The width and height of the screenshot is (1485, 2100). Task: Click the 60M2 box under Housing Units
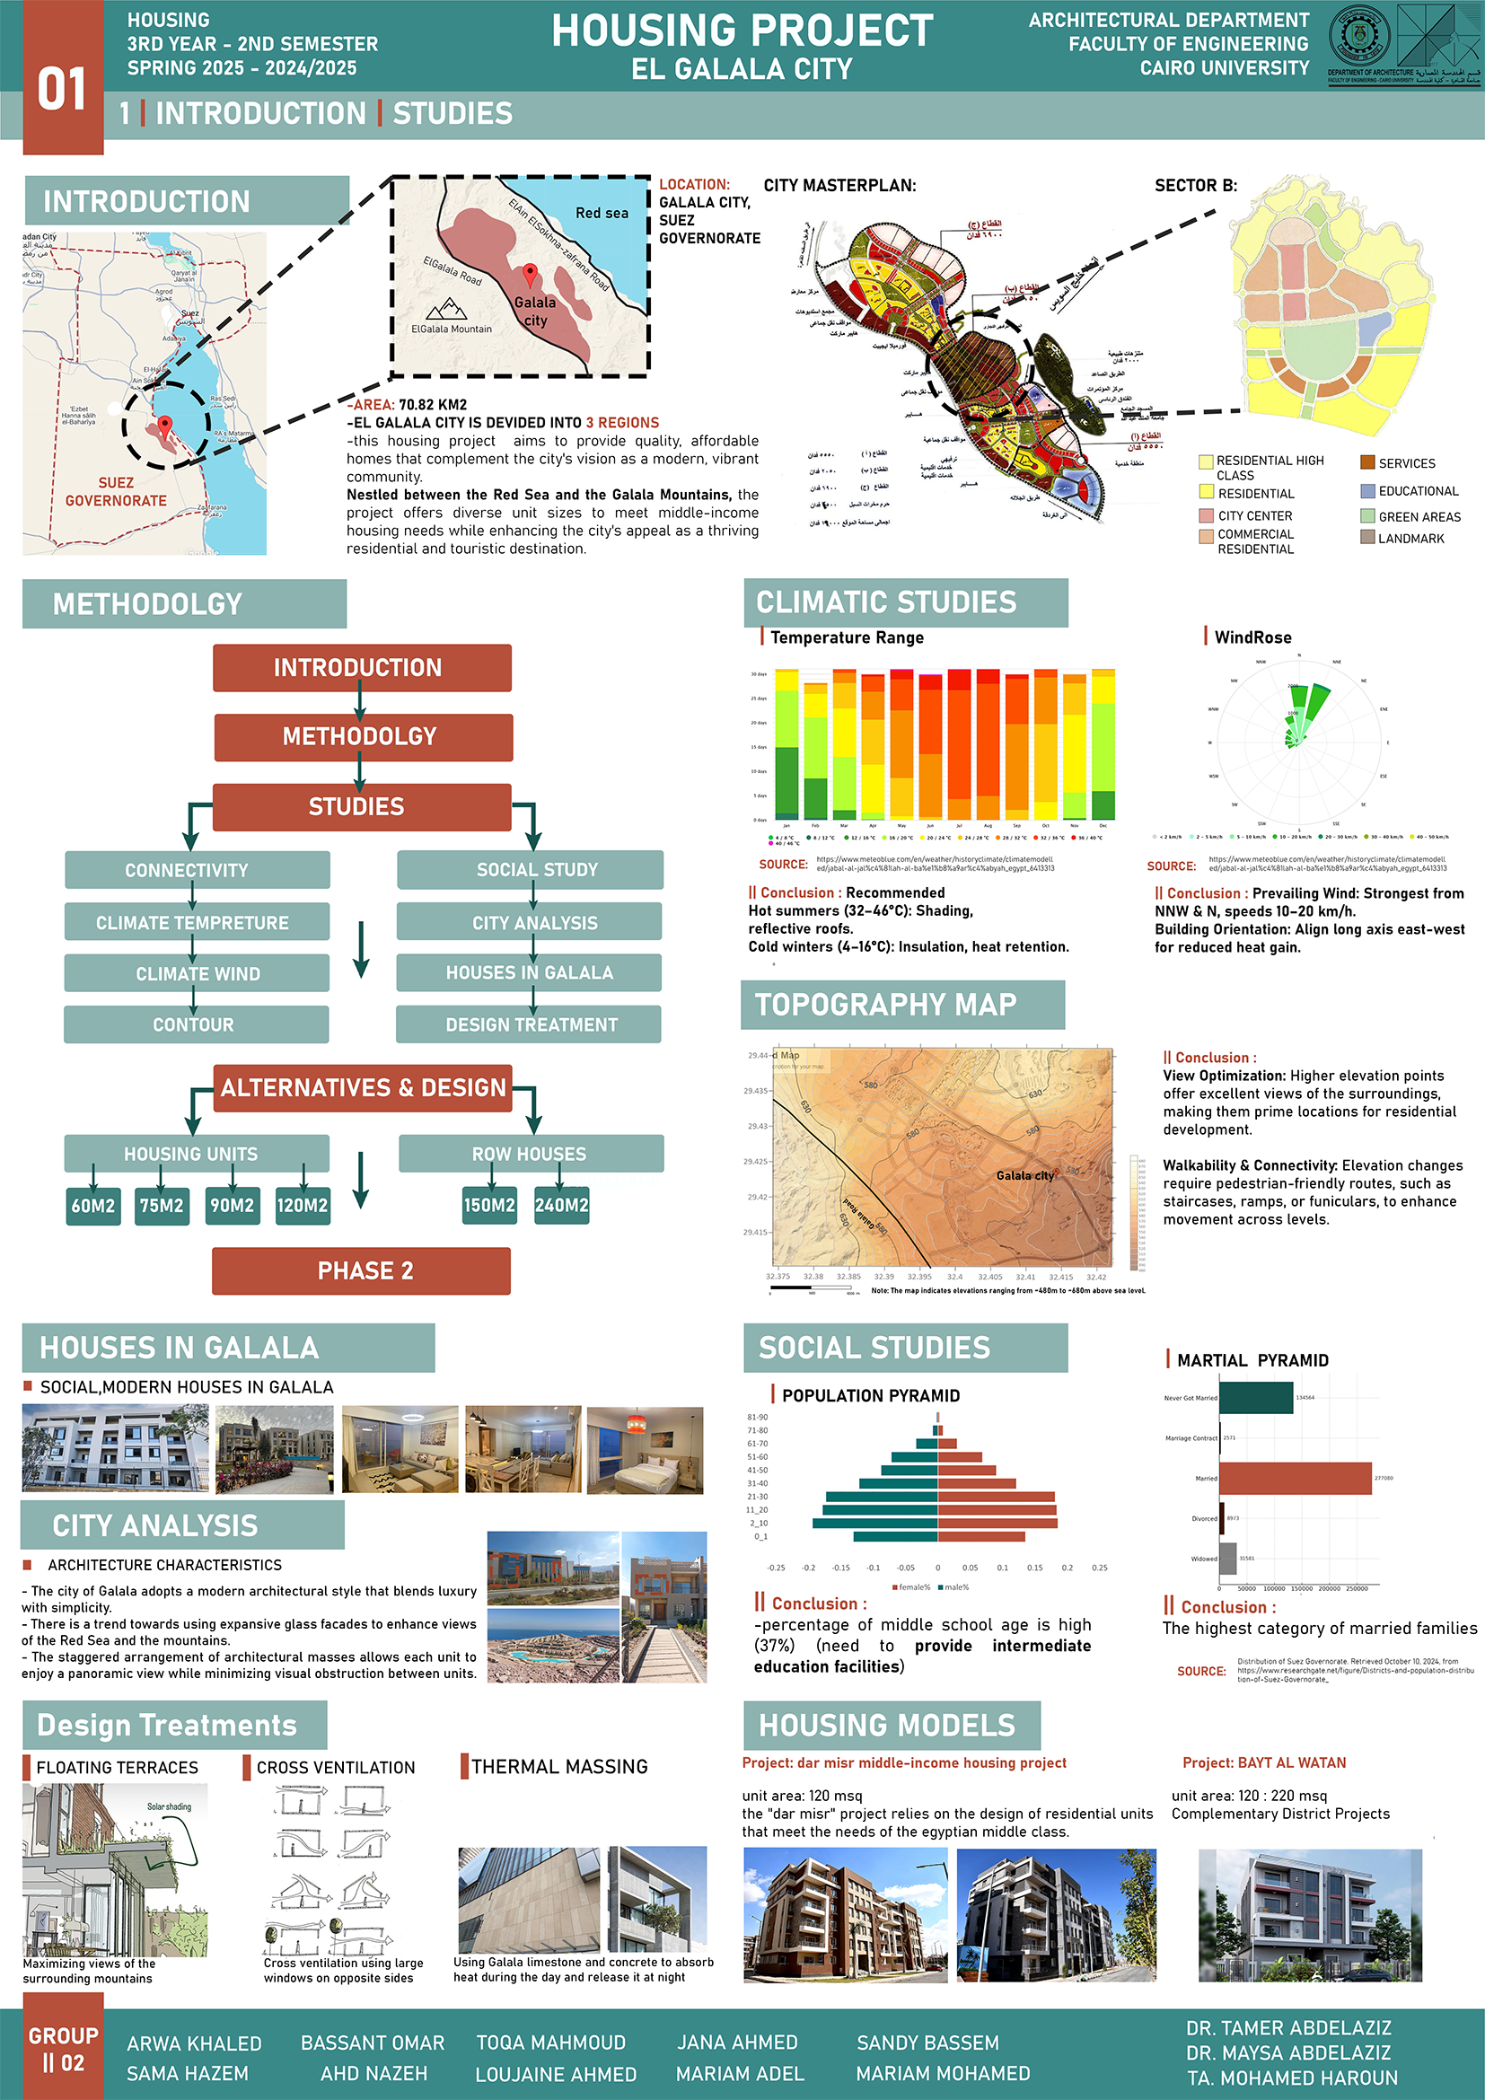point(93,1206)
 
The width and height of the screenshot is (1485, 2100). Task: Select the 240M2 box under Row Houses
point(561,1206)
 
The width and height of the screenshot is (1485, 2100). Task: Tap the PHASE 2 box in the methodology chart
point(361,1270)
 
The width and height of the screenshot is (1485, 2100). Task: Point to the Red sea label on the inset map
point(601,213)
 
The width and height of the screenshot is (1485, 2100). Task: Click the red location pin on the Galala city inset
point(530,275)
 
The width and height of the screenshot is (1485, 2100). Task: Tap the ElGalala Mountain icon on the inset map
point(446,309)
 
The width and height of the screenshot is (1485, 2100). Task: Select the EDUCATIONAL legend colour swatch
point(1367,491)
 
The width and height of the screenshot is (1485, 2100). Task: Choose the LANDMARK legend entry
point(1411,539)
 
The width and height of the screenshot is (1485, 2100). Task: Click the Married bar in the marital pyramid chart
point(1295,1478)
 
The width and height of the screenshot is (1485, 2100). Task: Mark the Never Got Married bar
point(1255,1398)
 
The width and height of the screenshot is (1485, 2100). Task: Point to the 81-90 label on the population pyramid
point(757,1417)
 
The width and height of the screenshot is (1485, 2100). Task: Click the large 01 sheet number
point(62,90)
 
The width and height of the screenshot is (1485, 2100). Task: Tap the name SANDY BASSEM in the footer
point(927,2043)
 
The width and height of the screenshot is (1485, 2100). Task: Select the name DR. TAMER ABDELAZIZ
point(1288,2028)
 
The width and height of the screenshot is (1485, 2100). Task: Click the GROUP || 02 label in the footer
point(63,2049)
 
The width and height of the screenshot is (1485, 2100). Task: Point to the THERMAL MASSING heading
point(558,1766)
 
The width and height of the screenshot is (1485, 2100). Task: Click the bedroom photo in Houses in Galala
point(645,1450)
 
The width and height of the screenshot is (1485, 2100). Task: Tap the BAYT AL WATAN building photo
point(1309,1915)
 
